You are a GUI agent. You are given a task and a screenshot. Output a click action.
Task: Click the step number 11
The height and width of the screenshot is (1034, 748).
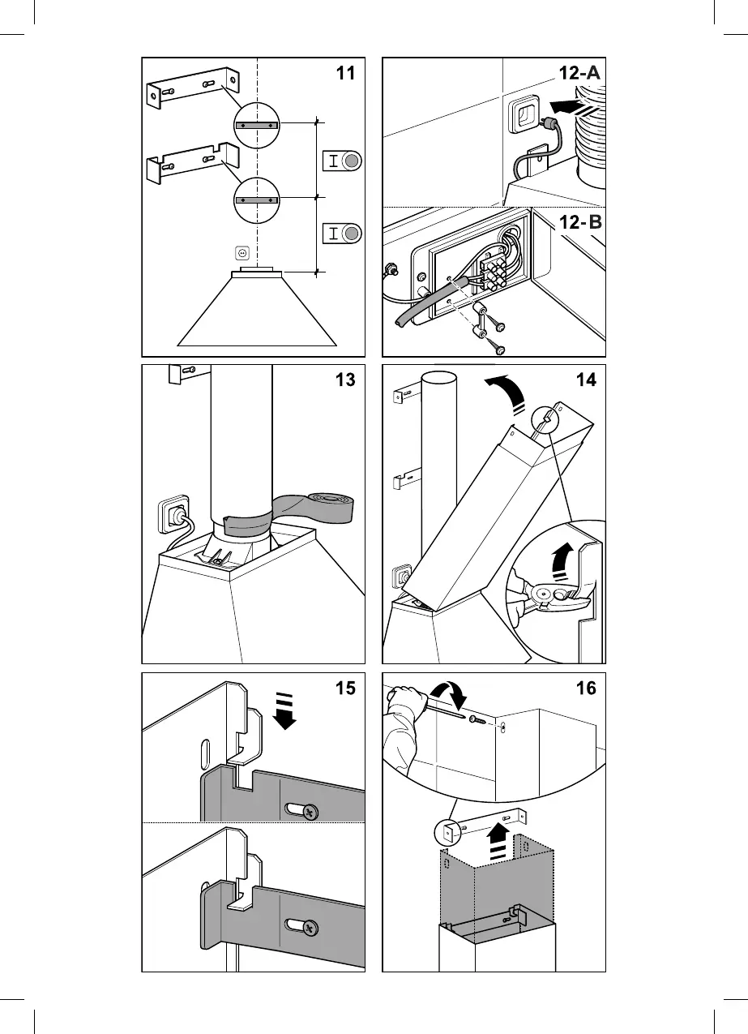(x=346, y=74)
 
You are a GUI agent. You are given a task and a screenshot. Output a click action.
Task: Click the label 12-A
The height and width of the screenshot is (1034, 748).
(x=579, y=74)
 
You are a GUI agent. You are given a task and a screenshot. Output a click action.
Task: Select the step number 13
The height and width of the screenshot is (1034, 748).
(x=346, y=380)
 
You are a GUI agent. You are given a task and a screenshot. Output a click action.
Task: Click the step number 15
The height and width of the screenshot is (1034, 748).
(x=346, y=688)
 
